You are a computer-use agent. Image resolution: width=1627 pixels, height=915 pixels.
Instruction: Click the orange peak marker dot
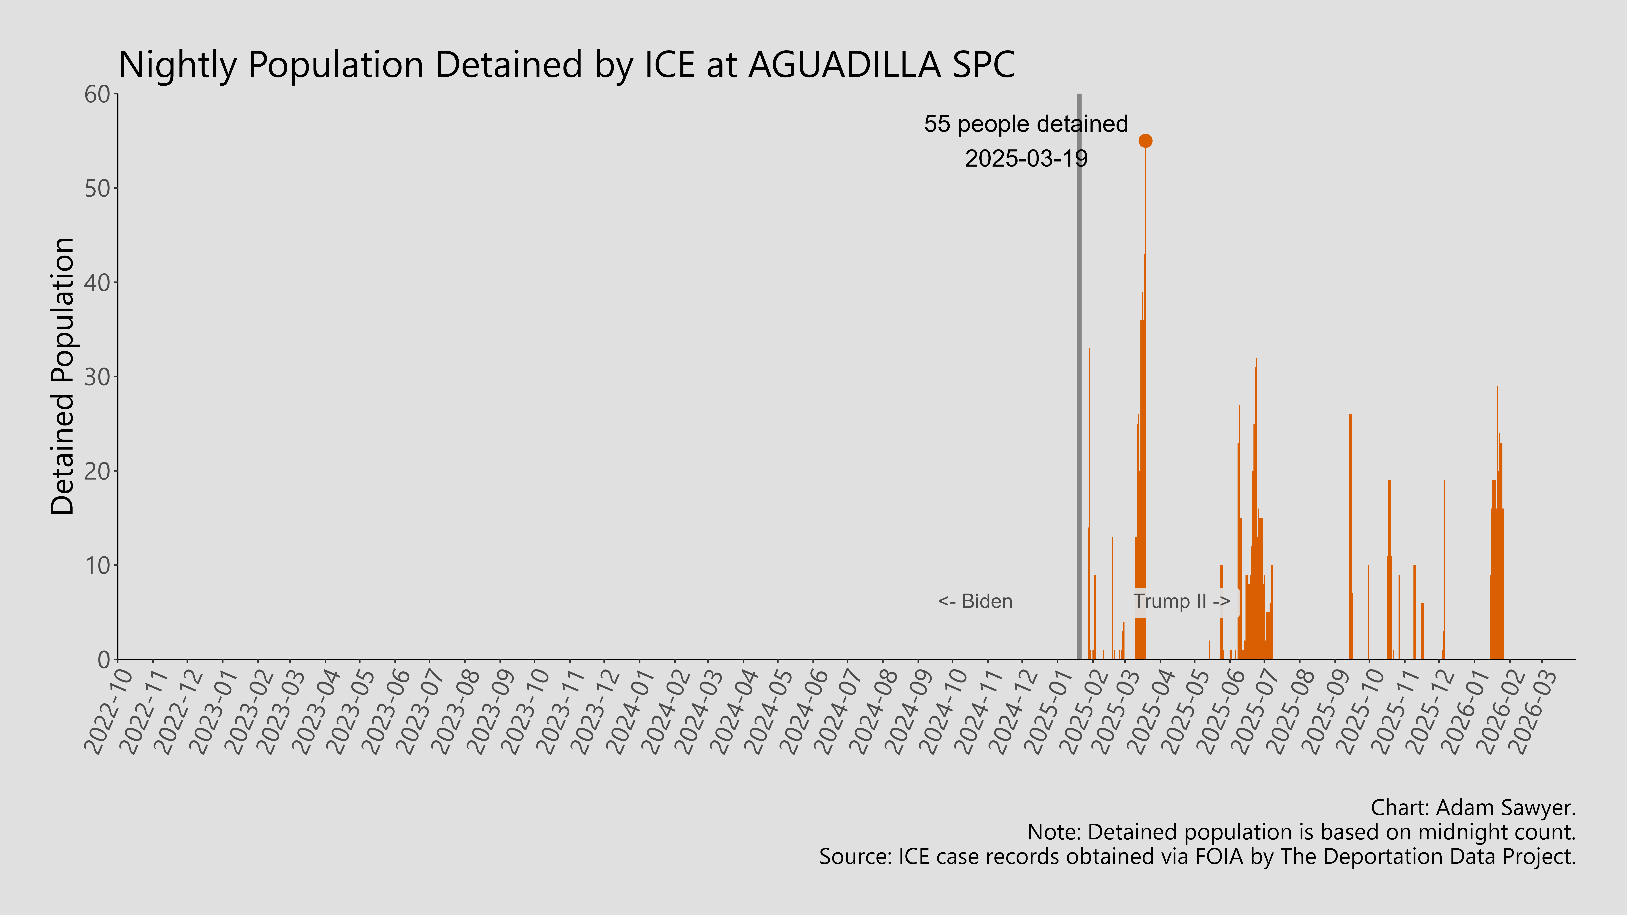[x=1145, y=141]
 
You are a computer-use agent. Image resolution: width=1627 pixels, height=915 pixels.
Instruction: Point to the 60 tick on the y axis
[x=98, y=95]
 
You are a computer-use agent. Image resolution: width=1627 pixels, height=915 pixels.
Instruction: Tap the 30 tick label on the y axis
[x=98, y=377]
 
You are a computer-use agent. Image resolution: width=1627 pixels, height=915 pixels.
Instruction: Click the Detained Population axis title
[x=63, y=376]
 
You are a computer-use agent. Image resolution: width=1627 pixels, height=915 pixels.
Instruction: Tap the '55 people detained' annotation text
[x=1026, y=124]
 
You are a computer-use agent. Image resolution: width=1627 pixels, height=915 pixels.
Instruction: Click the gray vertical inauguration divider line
[x=1079, y=379]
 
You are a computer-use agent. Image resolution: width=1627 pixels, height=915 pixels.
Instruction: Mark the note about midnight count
[x=1301, y=832]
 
